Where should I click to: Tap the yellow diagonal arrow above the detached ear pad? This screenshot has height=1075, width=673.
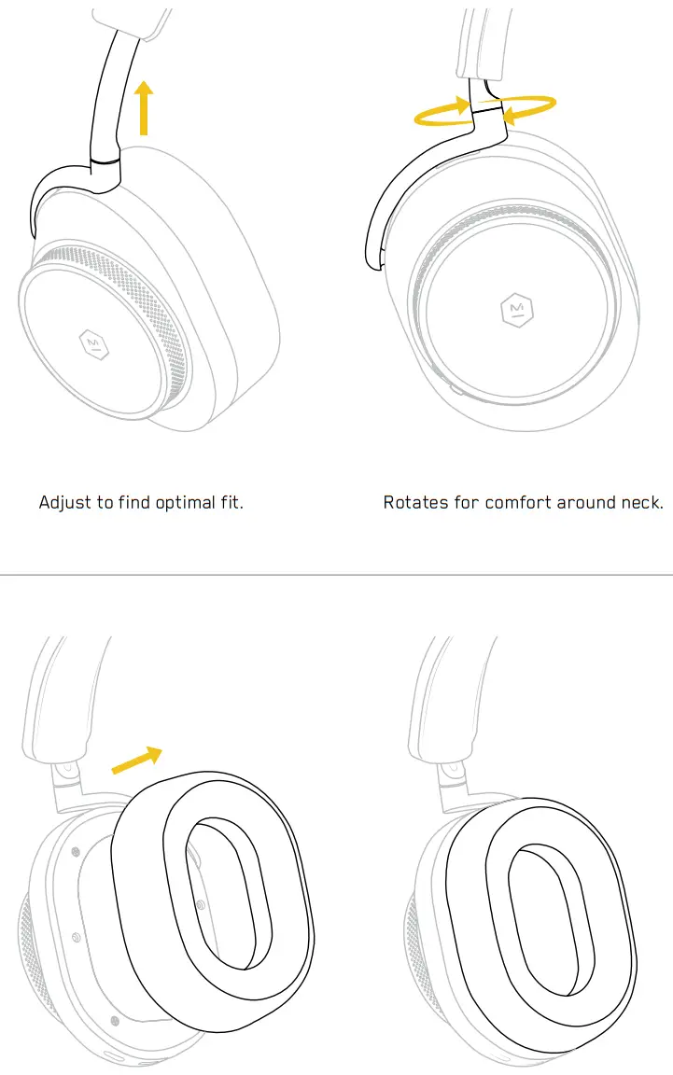[137, 760]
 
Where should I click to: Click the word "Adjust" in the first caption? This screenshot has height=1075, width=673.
[65, 503]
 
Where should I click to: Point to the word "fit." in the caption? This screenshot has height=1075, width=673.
[231, 503]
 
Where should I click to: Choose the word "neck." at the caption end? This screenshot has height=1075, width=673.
[643, 503]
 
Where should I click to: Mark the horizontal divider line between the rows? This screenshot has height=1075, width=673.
[336, 575]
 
